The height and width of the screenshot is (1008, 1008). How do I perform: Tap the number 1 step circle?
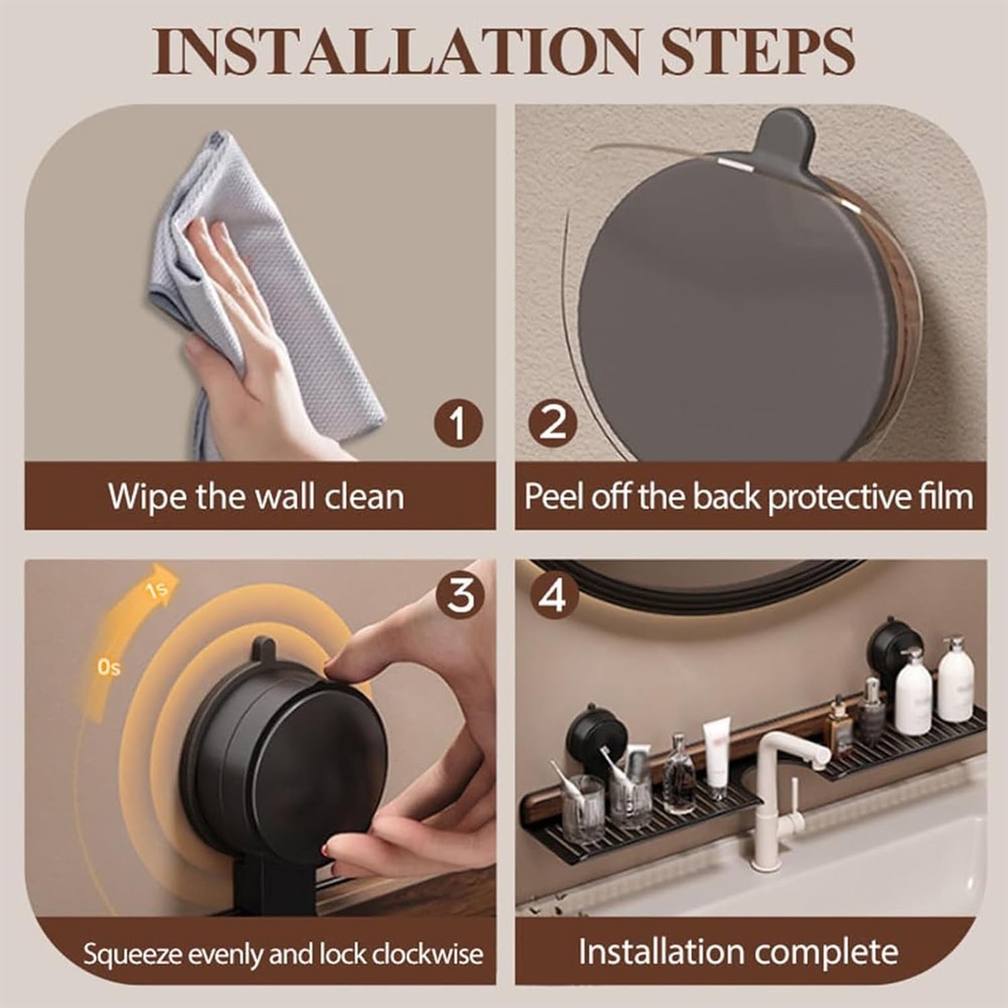click(459, 425)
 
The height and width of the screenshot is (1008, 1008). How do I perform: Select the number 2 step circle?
click(552, 425)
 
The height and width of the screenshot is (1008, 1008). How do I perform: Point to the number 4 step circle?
click(555, 595)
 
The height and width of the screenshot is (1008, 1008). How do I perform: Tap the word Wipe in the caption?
click(146, 495)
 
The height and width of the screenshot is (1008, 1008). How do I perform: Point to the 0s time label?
click(108, 667)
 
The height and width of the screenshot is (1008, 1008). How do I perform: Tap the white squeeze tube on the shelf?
click(716, 752)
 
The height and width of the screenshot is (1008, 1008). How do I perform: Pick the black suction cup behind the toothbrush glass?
click(596, 734)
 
